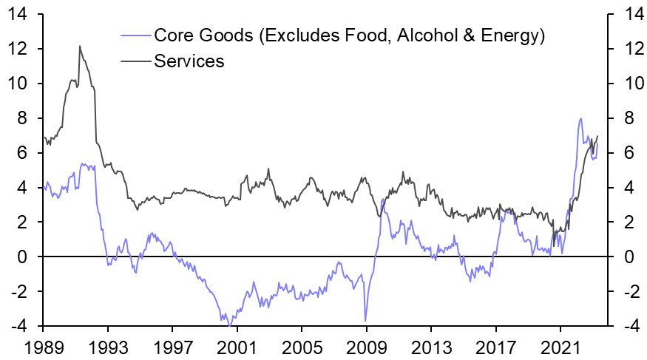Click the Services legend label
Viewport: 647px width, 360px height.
(189, 61)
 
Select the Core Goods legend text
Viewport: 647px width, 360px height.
(349, 35)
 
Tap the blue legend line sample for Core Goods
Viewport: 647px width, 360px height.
(135, 35)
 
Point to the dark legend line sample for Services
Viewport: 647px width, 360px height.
(135, 61)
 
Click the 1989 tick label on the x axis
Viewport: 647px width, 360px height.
(43, 345)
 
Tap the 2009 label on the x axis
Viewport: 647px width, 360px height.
(366, 345)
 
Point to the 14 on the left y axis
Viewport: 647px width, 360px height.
(19, 14)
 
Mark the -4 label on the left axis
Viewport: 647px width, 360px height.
(19, 326)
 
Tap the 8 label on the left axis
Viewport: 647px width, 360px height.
(24, 118)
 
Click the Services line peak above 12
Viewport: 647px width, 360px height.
(79, 46)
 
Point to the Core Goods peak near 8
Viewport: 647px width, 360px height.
(580, 118)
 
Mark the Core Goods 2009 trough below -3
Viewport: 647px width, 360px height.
(365, 320)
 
